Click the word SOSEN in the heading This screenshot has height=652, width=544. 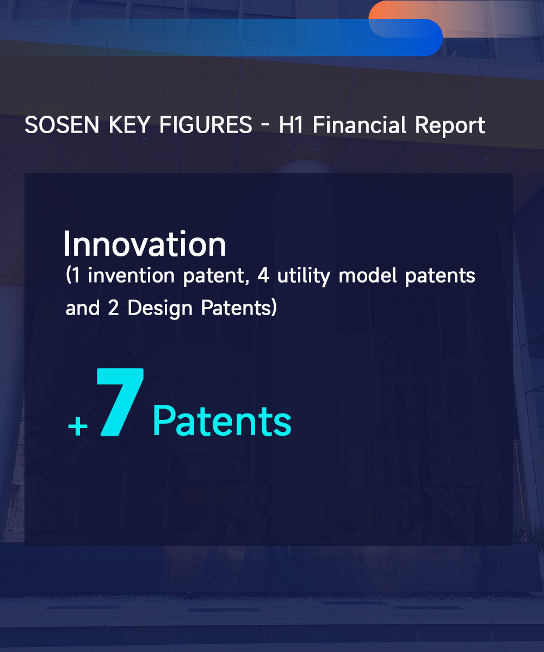click(62, 125)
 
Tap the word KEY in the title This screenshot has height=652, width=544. click(129, 125)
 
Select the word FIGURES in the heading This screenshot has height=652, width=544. click(206, 125)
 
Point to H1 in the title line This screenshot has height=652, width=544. click(290, 125)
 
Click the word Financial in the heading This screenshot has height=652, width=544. click(359, 124)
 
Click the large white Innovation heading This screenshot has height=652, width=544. click(145, 244)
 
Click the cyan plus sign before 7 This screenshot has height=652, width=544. click(78, 427)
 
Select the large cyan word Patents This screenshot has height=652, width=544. click(222, 421)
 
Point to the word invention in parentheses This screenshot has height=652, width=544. click(131, 275)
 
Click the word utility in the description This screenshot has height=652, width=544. click(303, 277)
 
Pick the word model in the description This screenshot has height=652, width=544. click(368, 275)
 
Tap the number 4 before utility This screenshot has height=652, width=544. click(263, 275)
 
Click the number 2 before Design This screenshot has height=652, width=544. click(113, 308)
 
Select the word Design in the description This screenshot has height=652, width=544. click(160, 309)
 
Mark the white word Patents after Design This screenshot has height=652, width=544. click(236, 308)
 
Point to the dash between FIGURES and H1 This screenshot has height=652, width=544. click(265, 126)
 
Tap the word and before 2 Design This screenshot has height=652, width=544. click(82, 308)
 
